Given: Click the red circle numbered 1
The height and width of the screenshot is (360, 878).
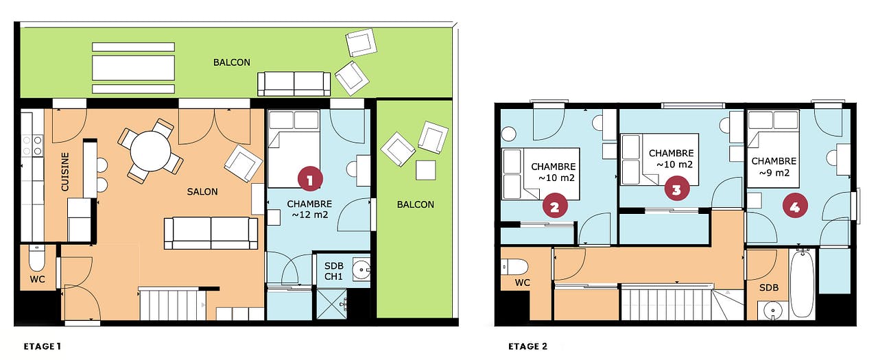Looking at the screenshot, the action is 309,180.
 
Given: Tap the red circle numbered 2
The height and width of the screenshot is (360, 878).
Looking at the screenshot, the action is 555,206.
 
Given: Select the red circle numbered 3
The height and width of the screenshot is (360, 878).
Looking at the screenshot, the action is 676,189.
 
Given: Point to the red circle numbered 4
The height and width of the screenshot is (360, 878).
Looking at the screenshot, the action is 794,206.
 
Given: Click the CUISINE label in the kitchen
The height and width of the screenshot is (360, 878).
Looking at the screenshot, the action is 65,171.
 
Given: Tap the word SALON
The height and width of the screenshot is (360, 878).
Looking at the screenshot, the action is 202,192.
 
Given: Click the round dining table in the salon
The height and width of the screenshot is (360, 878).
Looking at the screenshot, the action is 150,151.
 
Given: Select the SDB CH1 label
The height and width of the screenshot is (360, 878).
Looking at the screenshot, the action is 333,271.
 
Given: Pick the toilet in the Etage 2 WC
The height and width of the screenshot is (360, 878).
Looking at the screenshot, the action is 514,267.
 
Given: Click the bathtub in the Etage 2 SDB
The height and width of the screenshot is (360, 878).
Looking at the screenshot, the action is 802,285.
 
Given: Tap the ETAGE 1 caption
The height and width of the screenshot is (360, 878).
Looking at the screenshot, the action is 43,346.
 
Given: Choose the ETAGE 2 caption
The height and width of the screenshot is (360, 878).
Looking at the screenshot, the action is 527,346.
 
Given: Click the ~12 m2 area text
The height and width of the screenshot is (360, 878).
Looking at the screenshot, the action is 309,215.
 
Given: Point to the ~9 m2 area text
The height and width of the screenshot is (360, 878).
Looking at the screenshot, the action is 774,173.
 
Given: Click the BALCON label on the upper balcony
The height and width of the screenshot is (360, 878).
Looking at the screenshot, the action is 232,62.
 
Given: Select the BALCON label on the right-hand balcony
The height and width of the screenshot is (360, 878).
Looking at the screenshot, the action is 416,204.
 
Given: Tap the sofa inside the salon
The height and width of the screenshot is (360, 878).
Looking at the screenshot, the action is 211,233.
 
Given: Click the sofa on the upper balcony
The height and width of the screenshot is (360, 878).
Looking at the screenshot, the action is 294,84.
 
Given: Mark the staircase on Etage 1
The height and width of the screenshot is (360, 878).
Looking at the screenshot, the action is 172,304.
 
